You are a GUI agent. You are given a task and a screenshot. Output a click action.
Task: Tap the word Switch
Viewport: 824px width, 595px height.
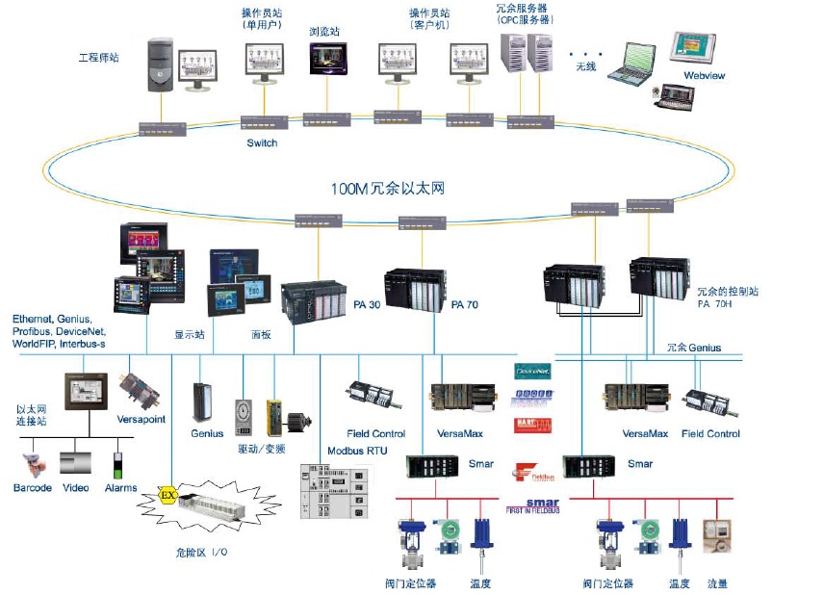[261, 143]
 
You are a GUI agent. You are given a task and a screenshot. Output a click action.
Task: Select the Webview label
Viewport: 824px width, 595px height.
[704, 75]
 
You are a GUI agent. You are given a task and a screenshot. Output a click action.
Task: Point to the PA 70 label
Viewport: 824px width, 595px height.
[465, 305]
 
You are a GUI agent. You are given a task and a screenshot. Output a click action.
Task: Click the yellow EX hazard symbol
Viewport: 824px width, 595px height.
[167, 496]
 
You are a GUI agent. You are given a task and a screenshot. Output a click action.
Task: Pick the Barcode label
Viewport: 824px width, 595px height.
[33, 488]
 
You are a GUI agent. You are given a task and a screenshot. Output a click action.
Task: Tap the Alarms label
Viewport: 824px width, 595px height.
[120, 488]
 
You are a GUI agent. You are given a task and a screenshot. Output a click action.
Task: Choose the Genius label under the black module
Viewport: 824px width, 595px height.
[207, 434]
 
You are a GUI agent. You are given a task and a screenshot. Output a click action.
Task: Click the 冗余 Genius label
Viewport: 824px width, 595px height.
[693, 348]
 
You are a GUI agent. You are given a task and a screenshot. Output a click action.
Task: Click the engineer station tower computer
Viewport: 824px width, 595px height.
[161, 65]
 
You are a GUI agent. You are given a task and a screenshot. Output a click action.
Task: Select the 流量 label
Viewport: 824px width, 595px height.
[717, 583]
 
